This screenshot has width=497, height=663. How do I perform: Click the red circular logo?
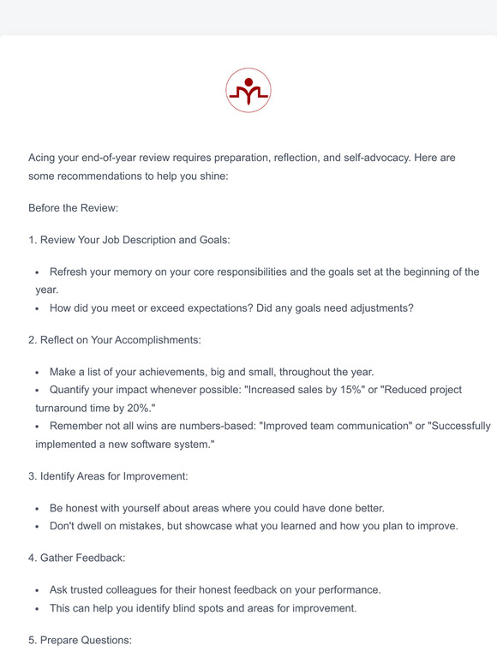click(248, 90)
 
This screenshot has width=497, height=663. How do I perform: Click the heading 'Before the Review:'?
click(73, 208)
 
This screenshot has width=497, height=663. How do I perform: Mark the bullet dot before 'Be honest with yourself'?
click(38, 508)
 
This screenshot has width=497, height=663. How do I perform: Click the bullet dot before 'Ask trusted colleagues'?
click(38, 591)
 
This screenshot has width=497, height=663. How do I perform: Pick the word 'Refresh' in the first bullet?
click(71, 272)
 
